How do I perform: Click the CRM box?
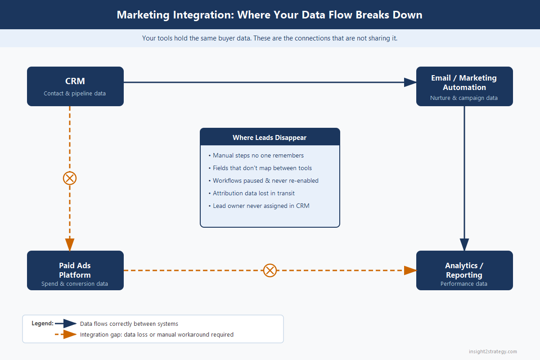75,86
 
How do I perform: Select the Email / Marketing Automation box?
464,86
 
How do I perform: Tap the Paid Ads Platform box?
75,270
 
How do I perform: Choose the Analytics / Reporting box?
464,270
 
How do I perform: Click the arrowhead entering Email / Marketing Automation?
410,82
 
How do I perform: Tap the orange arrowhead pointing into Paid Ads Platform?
70,245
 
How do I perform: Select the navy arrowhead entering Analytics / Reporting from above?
464,245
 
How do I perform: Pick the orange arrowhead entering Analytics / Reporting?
410,270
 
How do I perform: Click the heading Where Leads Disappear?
270,137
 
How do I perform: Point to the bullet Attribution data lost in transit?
252,193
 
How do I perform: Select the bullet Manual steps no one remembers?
256,156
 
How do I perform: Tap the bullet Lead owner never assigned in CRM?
259,206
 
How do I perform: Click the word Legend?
42,323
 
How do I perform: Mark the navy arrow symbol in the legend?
66,324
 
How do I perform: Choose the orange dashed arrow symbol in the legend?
66,334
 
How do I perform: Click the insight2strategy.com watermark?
493,351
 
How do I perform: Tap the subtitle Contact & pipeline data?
75,93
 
